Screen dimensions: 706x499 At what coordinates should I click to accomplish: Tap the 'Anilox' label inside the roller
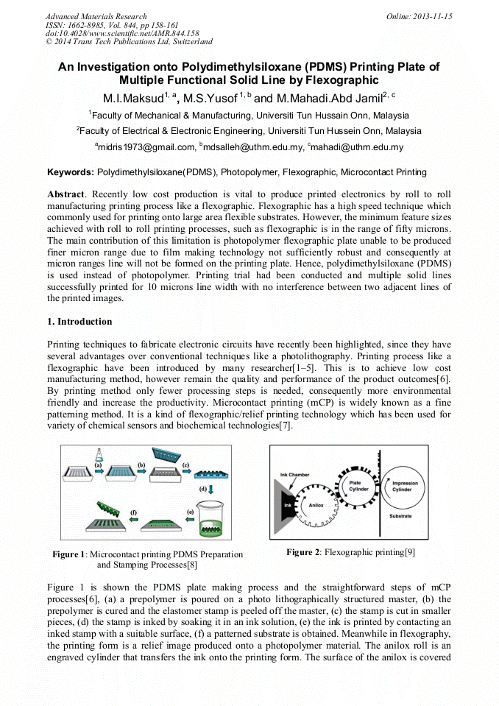point(316,505)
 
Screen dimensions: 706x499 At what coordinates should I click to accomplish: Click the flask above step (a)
point(99,454)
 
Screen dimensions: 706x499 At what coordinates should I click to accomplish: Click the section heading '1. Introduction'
point(79,322)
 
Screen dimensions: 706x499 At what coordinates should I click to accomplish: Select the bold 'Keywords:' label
point(71,172)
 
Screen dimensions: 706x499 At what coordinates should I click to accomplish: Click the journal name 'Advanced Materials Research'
point(96,16)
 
